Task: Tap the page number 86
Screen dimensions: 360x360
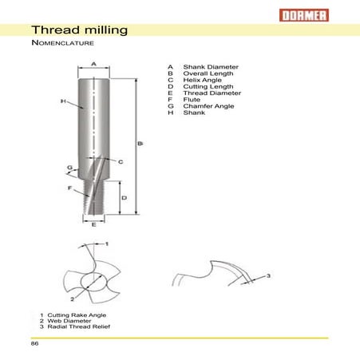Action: [35, 344]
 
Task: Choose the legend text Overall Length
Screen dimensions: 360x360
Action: [210, 74]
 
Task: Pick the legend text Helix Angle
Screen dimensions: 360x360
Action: [204, 81]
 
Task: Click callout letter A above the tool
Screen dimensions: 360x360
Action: [93, 63]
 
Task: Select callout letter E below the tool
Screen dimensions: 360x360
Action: [93, 226]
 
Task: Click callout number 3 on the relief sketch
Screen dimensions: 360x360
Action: [269, 276]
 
